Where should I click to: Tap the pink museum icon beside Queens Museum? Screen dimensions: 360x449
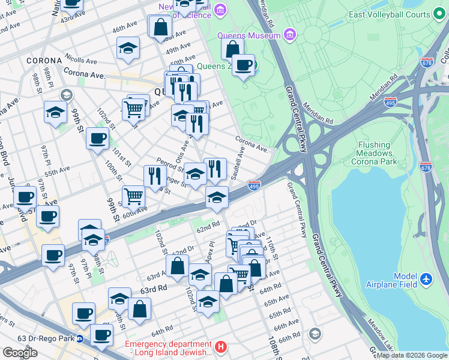pos(291,35)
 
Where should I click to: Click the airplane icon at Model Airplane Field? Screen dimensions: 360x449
pos(426,280)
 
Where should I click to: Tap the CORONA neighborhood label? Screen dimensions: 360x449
pos(44,61)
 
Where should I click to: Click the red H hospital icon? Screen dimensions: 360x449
pos(221,346)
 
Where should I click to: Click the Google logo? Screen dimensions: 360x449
pos(20,353)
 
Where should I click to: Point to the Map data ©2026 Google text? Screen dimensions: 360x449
pos(412,355)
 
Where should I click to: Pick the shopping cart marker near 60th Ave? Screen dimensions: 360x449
pos(133,196)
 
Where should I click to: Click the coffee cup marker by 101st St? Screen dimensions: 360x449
pos(97,139)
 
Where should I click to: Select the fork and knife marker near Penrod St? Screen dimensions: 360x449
pos(155,175)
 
